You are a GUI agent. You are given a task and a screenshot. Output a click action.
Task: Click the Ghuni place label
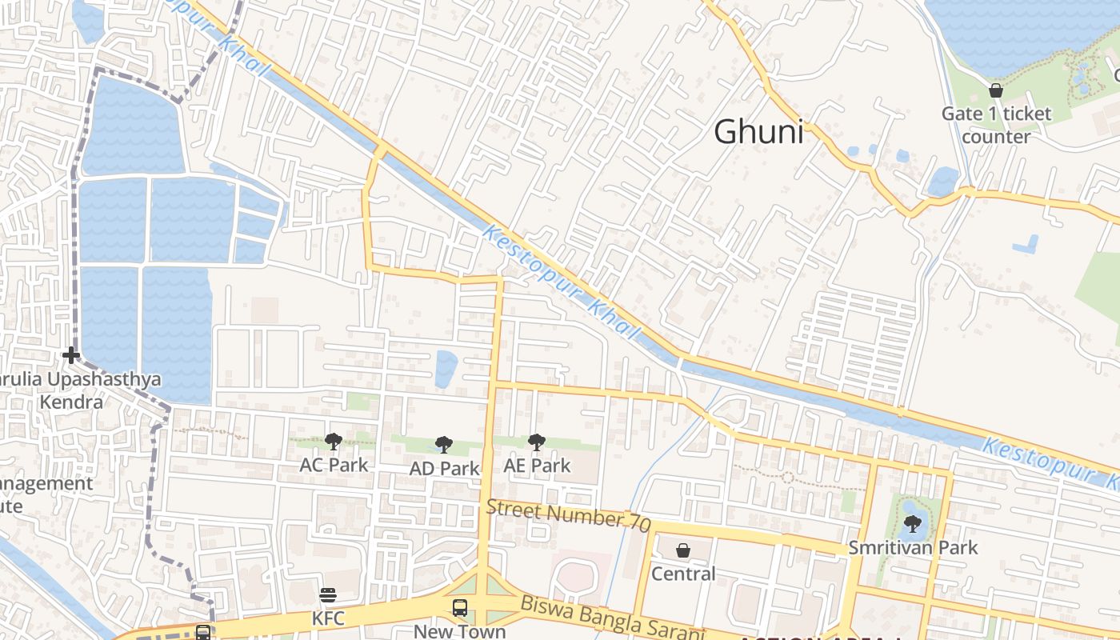[758, 132]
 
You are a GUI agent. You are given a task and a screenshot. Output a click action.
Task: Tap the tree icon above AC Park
[334, 441]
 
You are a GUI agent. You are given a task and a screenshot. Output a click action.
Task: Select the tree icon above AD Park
[444, 445]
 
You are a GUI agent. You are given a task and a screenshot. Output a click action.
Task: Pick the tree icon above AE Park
[537, 442]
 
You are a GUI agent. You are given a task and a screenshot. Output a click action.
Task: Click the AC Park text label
[334, 465]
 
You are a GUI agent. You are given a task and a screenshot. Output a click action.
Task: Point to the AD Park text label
[444, 469]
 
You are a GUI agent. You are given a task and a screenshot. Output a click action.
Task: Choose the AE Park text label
[537, 466]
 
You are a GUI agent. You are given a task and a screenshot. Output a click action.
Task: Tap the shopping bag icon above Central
[683, 550]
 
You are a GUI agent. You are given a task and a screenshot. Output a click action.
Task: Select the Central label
[683, 574]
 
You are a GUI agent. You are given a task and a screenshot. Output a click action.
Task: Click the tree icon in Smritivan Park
[912, 524]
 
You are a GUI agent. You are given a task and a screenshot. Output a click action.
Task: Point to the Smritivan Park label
[913, 548]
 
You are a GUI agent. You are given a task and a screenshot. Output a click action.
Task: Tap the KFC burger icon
[328, 594]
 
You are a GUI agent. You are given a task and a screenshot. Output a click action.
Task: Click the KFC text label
[328, 618]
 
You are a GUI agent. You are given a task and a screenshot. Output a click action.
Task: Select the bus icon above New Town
[460, 607]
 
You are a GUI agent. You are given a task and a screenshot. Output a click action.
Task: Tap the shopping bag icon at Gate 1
[996, 90]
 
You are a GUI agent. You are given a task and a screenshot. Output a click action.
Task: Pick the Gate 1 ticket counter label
[996, 125]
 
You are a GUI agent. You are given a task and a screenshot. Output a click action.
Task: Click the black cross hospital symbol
[71, 354]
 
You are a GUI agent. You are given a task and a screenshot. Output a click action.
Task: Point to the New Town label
[460, 631]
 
